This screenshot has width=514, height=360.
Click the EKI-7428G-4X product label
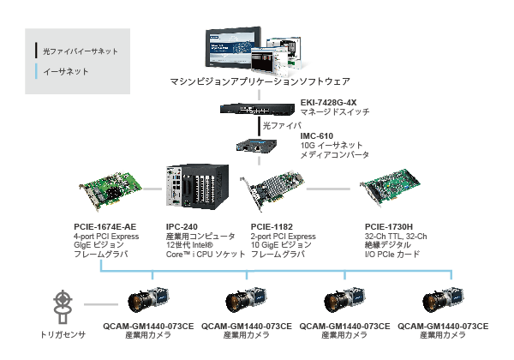(328, 102)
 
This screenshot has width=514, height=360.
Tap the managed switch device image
(257, 109)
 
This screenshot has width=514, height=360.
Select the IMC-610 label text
(317, 135)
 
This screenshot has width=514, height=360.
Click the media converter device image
(256, 146)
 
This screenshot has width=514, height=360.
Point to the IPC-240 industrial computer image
(197, 186)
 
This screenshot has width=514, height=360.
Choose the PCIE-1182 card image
(272, 189)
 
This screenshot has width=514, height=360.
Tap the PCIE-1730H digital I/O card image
(390, 187)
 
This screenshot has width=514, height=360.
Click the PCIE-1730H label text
(388, 226)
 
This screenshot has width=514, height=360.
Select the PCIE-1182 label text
(272, 226)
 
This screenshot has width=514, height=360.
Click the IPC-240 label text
(182, 226)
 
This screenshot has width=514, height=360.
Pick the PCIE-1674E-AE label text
(105, 226)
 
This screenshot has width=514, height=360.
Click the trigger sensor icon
(63, 307)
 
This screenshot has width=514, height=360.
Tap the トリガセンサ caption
(63, 335)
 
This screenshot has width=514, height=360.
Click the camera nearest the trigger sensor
(148, 299)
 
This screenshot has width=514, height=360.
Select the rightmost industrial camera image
(443, 299)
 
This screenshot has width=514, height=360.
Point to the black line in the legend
(36, 51)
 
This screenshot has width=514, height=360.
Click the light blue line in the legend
(36, 71)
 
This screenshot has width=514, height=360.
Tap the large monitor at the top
(233, 48)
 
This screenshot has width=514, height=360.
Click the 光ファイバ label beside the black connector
(282, 126)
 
